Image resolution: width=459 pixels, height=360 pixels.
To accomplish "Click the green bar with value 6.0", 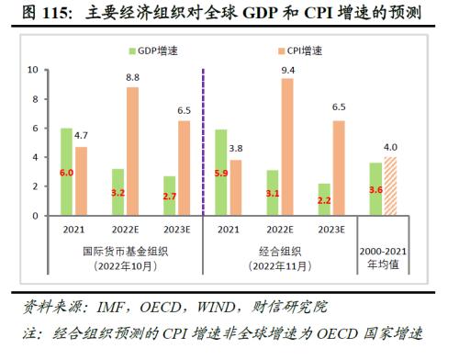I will (67, 172).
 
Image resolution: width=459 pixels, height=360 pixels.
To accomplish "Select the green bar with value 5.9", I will (219, 173).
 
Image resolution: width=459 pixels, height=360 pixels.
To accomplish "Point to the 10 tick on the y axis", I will (32, 69).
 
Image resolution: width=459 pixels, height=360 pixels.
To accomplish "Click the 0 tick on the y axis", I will (35, 216).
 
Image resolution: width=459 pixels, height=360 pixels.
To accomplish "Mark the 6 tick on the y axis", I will (35, 128).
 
